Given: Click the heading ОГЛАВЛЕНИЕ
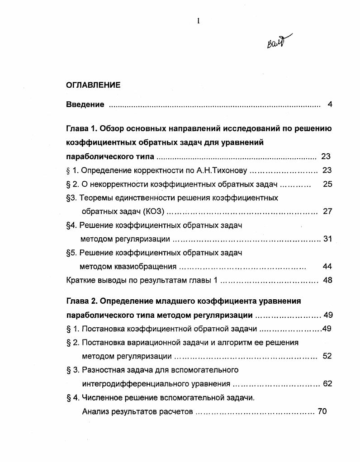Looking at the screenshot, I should pyautogui.click(x=93, y=85).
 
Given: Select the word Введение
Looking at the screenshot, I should pyautogui.click(x=85, y=105).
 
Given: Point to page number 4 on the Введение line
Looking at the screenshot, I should pyautogui.click(x=330, y=105).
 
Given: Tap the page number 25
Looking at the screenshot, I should pyautogui.click(x=327, y=184).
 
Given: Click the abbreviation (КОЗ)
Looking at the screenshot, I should pyautogui.click(x=153, y=212).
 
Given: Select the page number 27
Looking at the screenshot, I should pyautogui.click(x=327, y=212).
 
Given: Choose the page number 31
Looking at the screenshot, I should pyautogui.click(x=327, y=239).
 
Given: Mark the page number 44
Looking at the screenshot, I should pyautogui.click(x=327, y=267).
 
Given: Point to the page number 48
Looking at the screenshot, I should pyautogui.click(x=327, y=280).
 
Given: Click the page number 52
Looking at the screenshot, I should pyautogui.click(x=327, y=356).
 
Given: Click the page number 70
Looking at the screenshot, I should pyautogui.click(x=322, y=411).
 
